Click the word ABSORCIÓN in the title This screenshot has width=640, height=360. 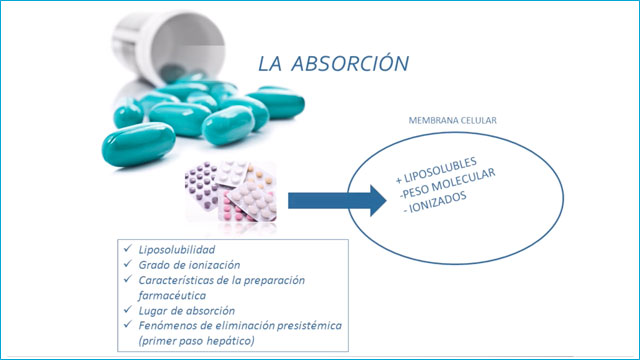coord(350,63)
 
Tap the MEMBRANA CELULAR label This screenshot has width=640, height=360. coord(453,120)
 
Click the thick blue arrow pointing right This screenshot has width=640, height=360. coord(337,200)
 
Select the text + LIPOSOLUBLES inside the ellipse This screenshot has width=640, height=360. coord(436,169)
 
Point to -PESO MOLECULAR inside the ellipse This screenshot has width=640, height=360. coord(447,183)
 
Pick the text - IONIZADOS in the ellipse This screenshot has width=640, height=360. coord(435,203)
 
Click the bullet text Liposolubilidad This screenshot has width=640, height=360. coord(177,249)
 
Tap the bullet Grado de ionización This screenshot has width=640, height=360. coord(189,265)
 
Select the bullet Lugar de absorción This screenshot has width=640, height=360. coord(187,311)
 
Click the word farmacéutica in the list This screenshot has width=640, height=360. coord(172,295)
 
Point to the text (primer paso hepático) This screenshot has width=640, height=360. coord(197,341)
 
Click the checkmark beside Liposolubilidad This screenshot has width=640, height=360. coord(128,248)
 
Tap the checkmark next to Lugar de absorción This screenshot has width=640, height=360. coord(128,309)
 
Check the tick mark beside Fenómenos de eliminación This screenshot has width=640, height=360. coord(128,324)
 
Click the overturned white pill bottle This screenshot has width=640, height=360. coord(168,47)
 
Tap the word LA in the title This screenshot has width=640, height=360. coord(270,64)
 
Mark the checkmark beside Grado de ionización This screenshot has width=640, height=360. coord(128,264)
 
